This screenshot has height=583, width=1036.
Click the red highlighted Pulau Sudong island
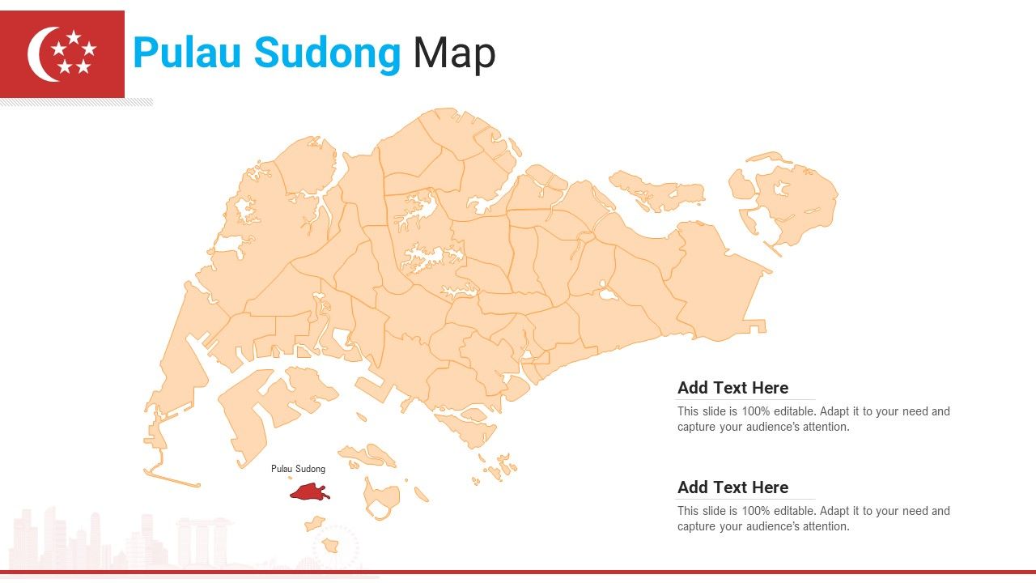click(308, 492)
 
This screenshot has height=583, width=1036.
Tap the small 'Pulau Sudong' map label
click(298, 469)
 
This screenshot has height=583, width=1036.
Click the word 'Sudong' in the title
click(327, 53)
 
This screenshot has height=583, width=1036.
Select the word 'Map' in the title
click(454, 53)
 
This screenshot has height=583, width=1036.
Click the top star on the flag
click(73, 37)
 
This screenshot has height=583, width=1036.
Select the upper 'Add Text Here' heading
click(732, 388)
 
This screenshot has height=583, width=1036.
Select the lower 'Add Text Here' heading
click(732, 487)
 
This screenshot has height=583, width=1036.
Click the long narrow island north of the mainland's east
click(656, 190)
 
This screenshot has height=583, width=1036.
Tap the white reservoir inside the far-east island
click(781, 189)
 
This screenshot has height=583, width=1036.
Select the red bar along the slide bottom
click(518, 572)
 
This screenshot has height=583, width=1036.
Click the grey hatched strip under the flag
click(77, 103)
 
